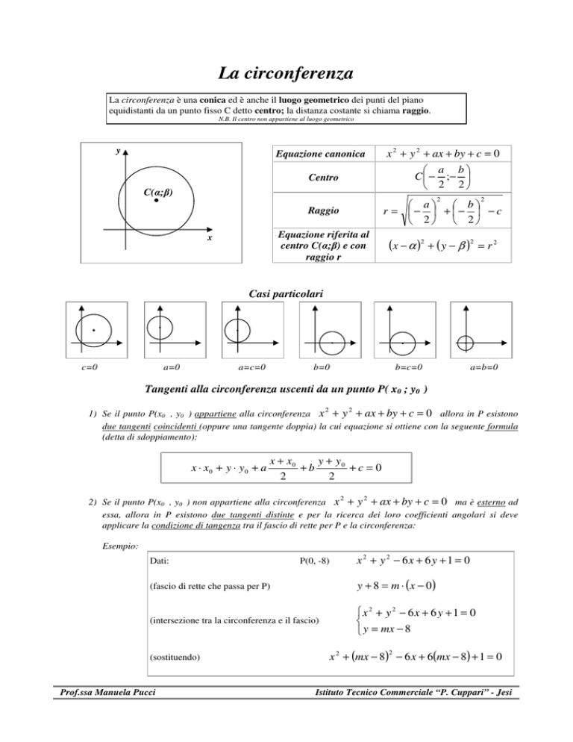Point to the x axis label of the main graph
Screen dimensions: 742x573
tap(209, 239)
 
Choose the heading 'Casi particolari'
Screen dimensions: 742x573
tap(286, 295)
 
